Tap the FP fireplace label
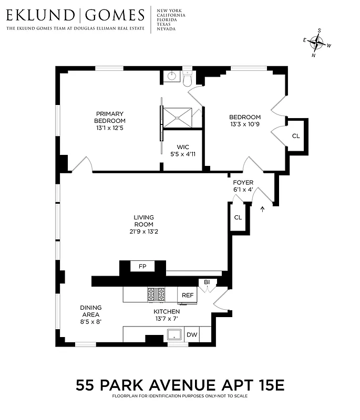click(142, 267)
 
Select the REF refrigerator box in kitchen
click(188, 295)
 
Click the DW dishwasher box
click(192, 334)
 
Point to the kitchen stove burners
click(157, 295)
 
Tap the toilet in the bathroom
click(188, 78)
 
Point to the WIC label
click(182, 147)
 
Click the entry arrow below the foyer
click(262, 209)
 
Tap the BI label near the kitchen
click(207, 282)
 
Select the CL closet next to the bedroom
click(296, 136)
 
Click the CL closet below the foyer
click(238, 217)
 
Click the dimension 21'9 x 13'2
click(143, 231)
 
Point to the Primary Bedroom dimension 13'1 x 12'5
click(109, 128)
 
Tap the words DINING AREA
click(90, 311)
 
